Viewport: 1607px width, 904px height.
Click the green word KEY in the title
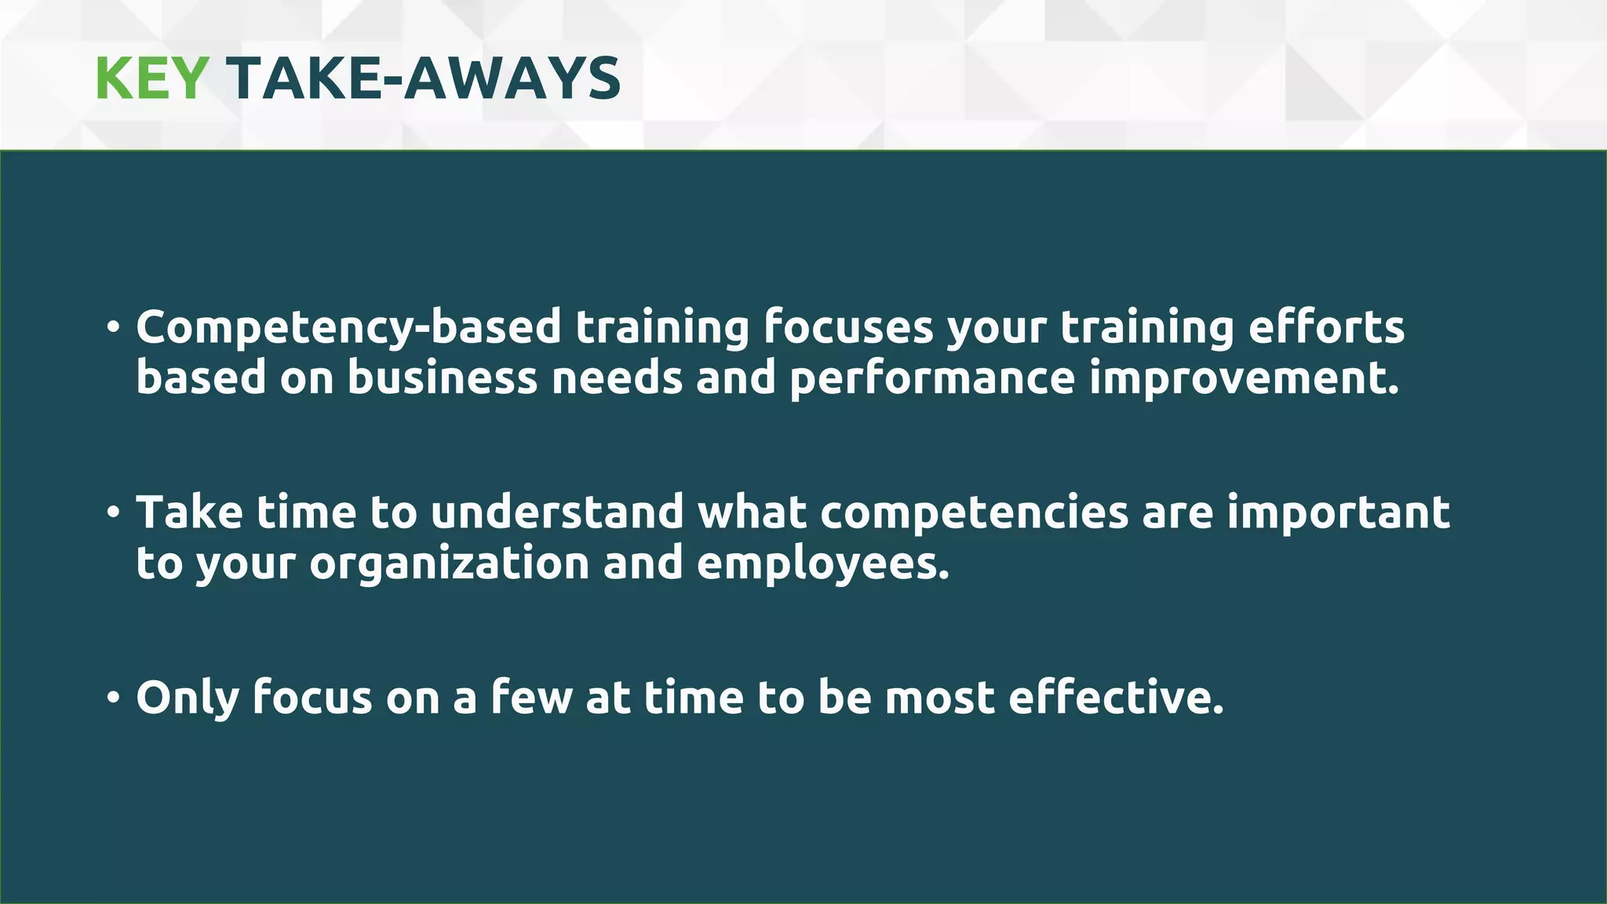151,78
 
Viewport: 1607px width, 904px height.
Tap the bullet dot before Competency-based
114,327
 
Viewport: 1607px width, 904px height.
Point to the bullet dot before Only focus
114,698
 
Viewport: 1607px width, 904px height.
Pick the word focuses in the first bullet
848,326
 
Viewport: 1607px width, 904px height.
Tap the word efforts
1326,326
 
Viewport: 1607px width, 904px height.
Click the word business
443,377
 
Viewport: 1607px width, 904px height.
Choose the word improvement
1244,377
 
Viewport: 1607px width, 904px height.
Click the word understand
557,512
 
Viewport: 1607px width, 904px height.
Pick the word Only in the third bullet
187,698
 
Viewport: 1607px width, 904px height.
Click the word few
532,697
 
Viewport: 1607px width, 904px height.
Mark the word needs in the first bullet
617,377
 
